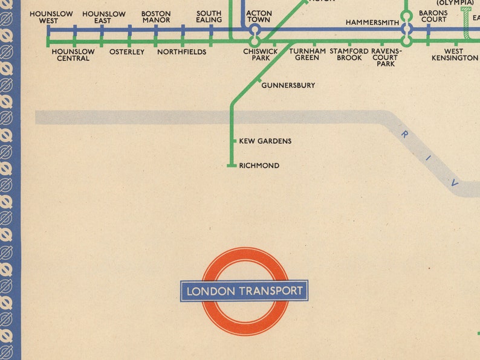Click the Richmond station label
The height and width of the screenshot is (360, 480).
tap(259, 166)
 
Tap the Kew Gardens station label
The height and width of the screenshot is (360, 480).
tap(265, 141)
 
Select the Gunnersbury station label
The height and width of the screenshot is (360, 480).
tap(288, 86)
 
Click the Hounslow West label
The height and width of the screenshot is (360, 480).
tap(51, 17)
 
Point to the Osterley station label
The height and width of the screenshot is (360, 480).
tap(127, 52)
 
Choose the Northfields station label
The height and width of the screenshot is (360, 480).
tap(181, 52)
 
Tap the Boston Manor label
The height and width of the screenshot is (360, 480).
tap(155, 17)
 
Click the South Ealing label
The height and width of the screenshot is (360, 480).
tap(209, 17)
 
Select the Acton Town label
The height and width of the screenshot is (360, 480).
tap(259, 17)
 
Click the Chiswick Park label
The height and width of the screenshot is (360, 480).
tap(261, 55)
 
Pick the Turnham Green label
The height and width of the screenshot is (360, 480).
tap(307, 55)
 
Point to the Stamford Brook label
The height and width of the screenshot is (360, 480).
tap(349, 55)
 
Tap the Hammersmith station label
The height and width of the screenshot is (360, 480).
tap(372, 23)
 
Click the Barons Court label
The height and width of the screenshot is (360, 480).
tap(433, 17)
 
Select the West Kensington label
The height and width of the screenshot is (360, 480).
tap(455, 55)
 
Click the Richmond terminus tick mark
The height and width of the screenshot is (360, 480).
tap(231, 166)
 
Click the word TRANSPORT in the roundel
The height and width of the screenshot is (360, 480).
tap(271, 291)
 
